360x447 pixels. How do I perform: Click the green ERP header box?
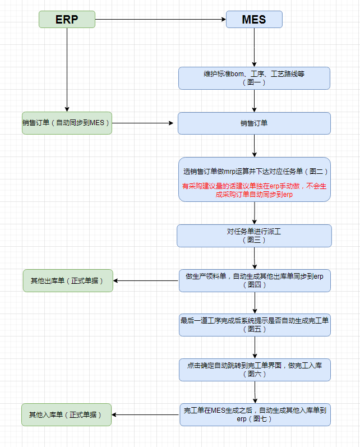click(67, 20)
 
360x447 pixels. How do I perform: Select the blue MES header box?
click(254, 20)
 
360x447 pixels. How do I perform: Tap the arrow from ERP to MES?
click(160, 20)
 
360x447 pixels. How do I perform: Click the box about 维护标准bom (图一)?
click(254, 78)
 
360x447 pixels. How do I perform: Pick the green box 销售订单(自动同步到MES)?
click(67, 123)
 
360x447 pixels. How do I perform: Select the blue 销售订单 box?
click(254, 123)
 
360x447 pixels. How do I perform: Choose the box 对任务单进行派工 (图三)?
click(254, 236)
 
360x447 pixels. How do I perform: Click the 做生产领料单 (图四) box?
click(254, 280)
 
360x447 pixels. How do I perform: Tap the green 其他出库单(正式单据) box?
click(67, 280)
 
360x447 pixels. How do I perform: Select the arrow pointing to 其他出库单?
click(146, 280)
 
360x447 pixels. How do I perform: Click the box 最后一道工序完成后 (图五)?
click(254, 325)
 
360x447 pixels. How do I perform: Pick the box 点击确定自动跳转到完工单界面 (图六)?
click(254, 369)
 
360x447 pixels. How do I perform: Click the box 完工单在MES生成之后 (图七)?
click(254, 414)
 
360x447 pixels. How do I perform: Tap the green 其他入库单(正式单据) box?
click(66, 414)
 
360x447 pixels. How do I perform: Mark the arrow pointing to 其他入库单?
click(145, 414)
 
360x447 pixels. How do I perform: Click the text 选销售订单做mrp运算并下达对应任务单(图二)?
click(254, 171)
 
